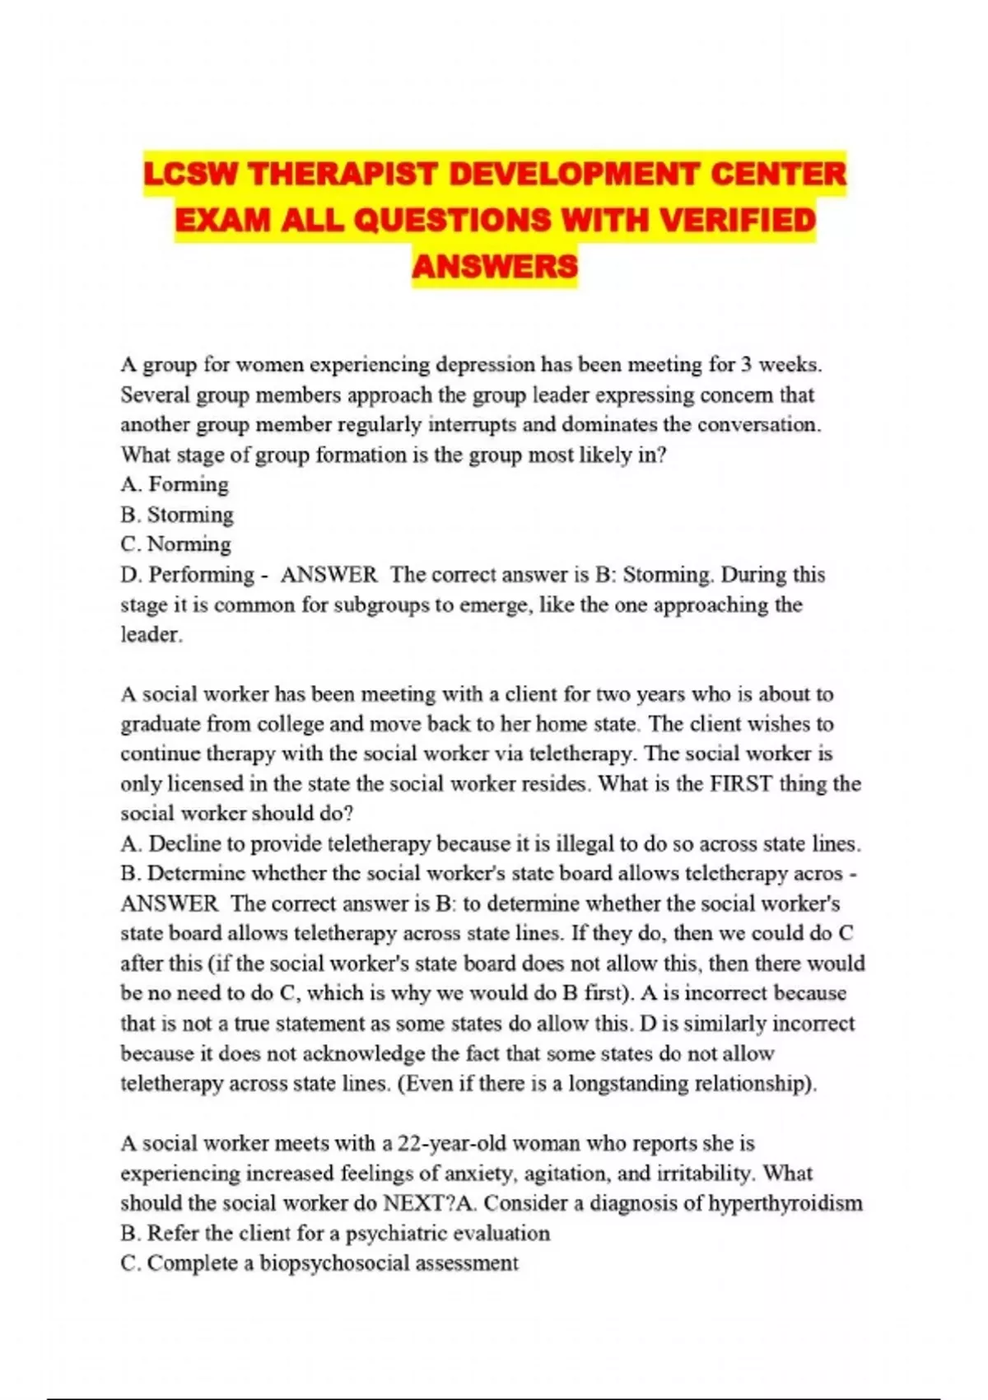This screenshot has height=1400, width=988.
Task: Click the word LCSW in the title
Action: click(191, 175)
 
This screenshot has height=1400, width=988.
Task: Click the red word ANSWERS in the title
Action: click(495, 266)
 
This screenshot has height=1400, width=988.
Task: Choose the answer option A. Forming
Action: click(175, 484)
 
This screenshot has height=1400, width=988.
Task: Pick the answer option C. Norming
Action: click(175, 544)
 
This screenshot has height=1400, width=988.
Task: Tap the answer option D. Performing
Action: click(188, 574)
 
